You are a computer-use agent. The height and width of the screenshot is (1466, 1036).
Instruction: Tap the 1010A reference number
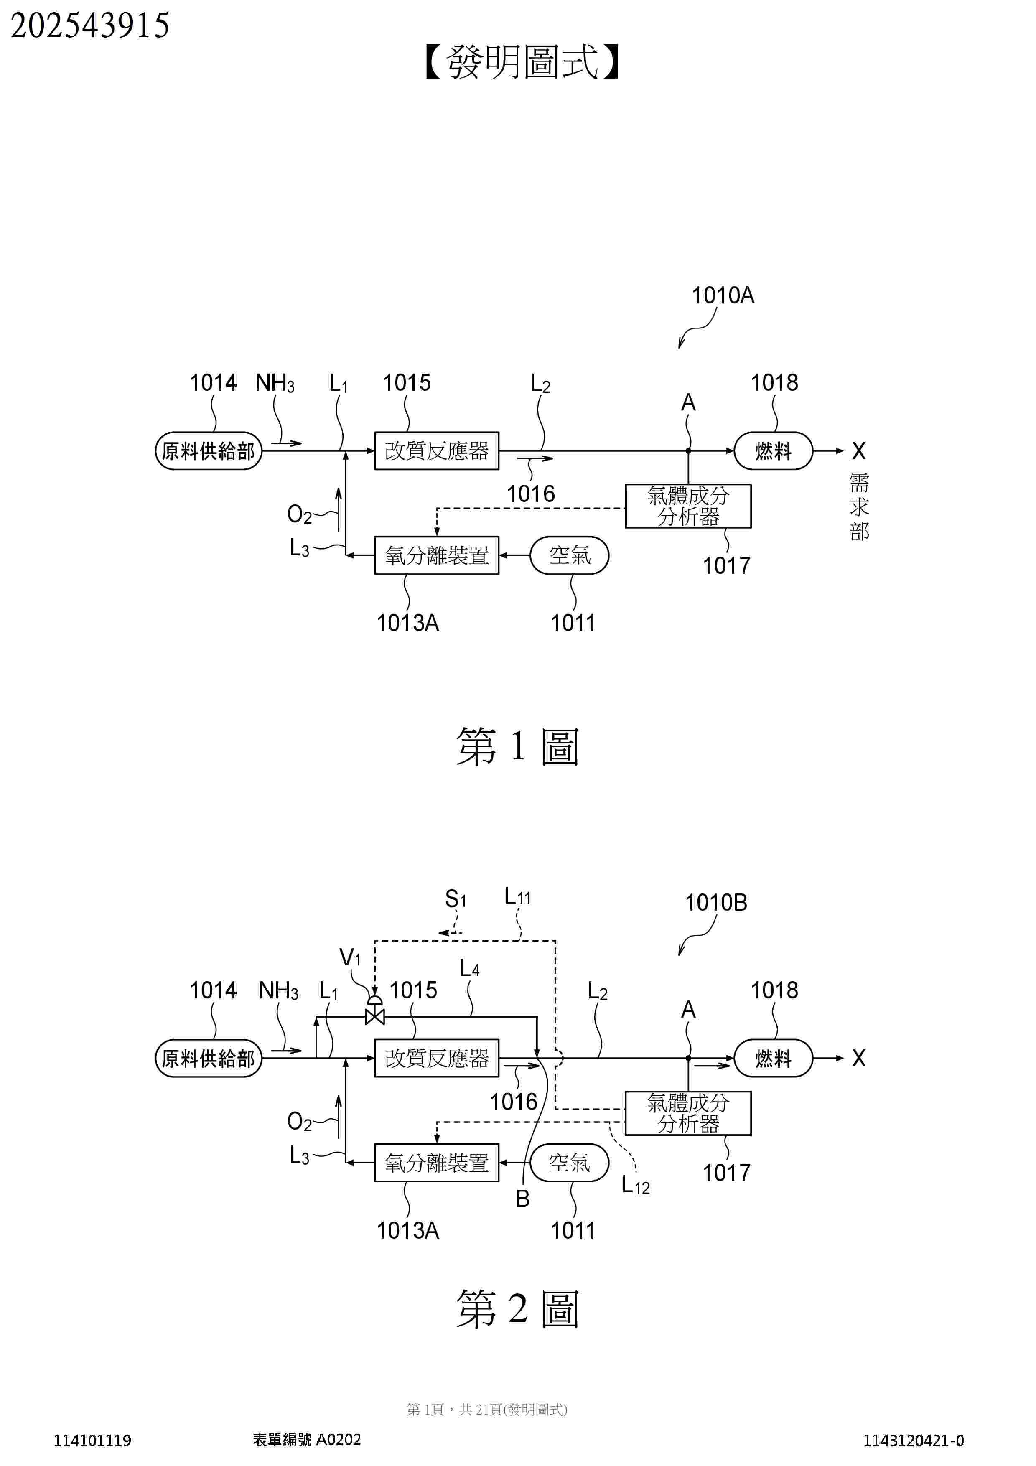(x=723, y=295)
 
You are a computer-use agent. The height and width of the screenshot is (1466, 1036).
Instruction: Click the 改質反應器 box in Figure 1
(x=437, y=451)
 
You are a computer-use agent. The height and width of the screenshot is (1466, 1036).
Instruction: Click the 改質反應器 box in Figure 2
(x=437, y=1058)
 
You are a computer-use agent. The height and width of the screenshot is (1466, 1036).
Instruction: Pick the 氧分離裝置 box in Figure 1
(x=437, y=555)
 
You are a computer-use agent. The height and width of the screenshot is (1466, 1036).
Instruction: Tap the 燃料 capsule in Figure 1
(x=773, y=451)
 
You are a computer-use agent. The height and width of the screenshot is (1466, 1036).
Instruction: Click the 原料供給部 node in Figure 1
(x=209, y=451)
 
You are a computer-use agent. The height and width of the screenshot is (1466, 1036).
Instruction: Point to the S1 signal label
(x=456, y=899)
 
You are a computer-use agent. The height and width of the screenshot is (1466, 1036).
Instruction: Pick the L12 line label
(x=636, y=1185)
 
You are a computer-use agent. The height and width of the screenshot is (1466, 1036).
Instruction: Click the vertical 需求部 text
(x=859, y=508)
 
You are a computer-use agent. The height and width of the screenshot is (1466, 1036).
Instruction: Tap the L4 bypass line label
(x=470, y=969)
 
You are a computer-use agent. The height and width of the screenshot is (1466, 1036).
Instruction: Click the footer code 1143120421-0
(x=914, y=1441)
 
